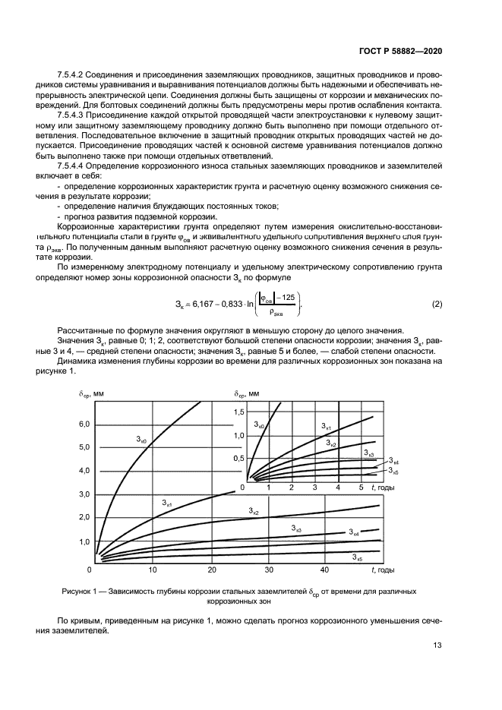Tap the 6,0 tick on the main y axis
84,424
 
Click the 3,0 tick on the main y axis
84,494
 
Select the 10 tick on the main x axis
153,570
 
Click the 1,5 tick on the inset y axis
239,411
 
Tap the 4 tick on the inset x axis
338,487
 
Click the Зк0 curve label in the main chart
142,439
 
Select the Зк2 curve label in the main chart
254,513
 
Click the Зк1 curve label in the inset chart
325,426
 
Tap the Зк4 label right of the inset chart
393,461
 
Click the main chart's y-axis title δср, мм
93,393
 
